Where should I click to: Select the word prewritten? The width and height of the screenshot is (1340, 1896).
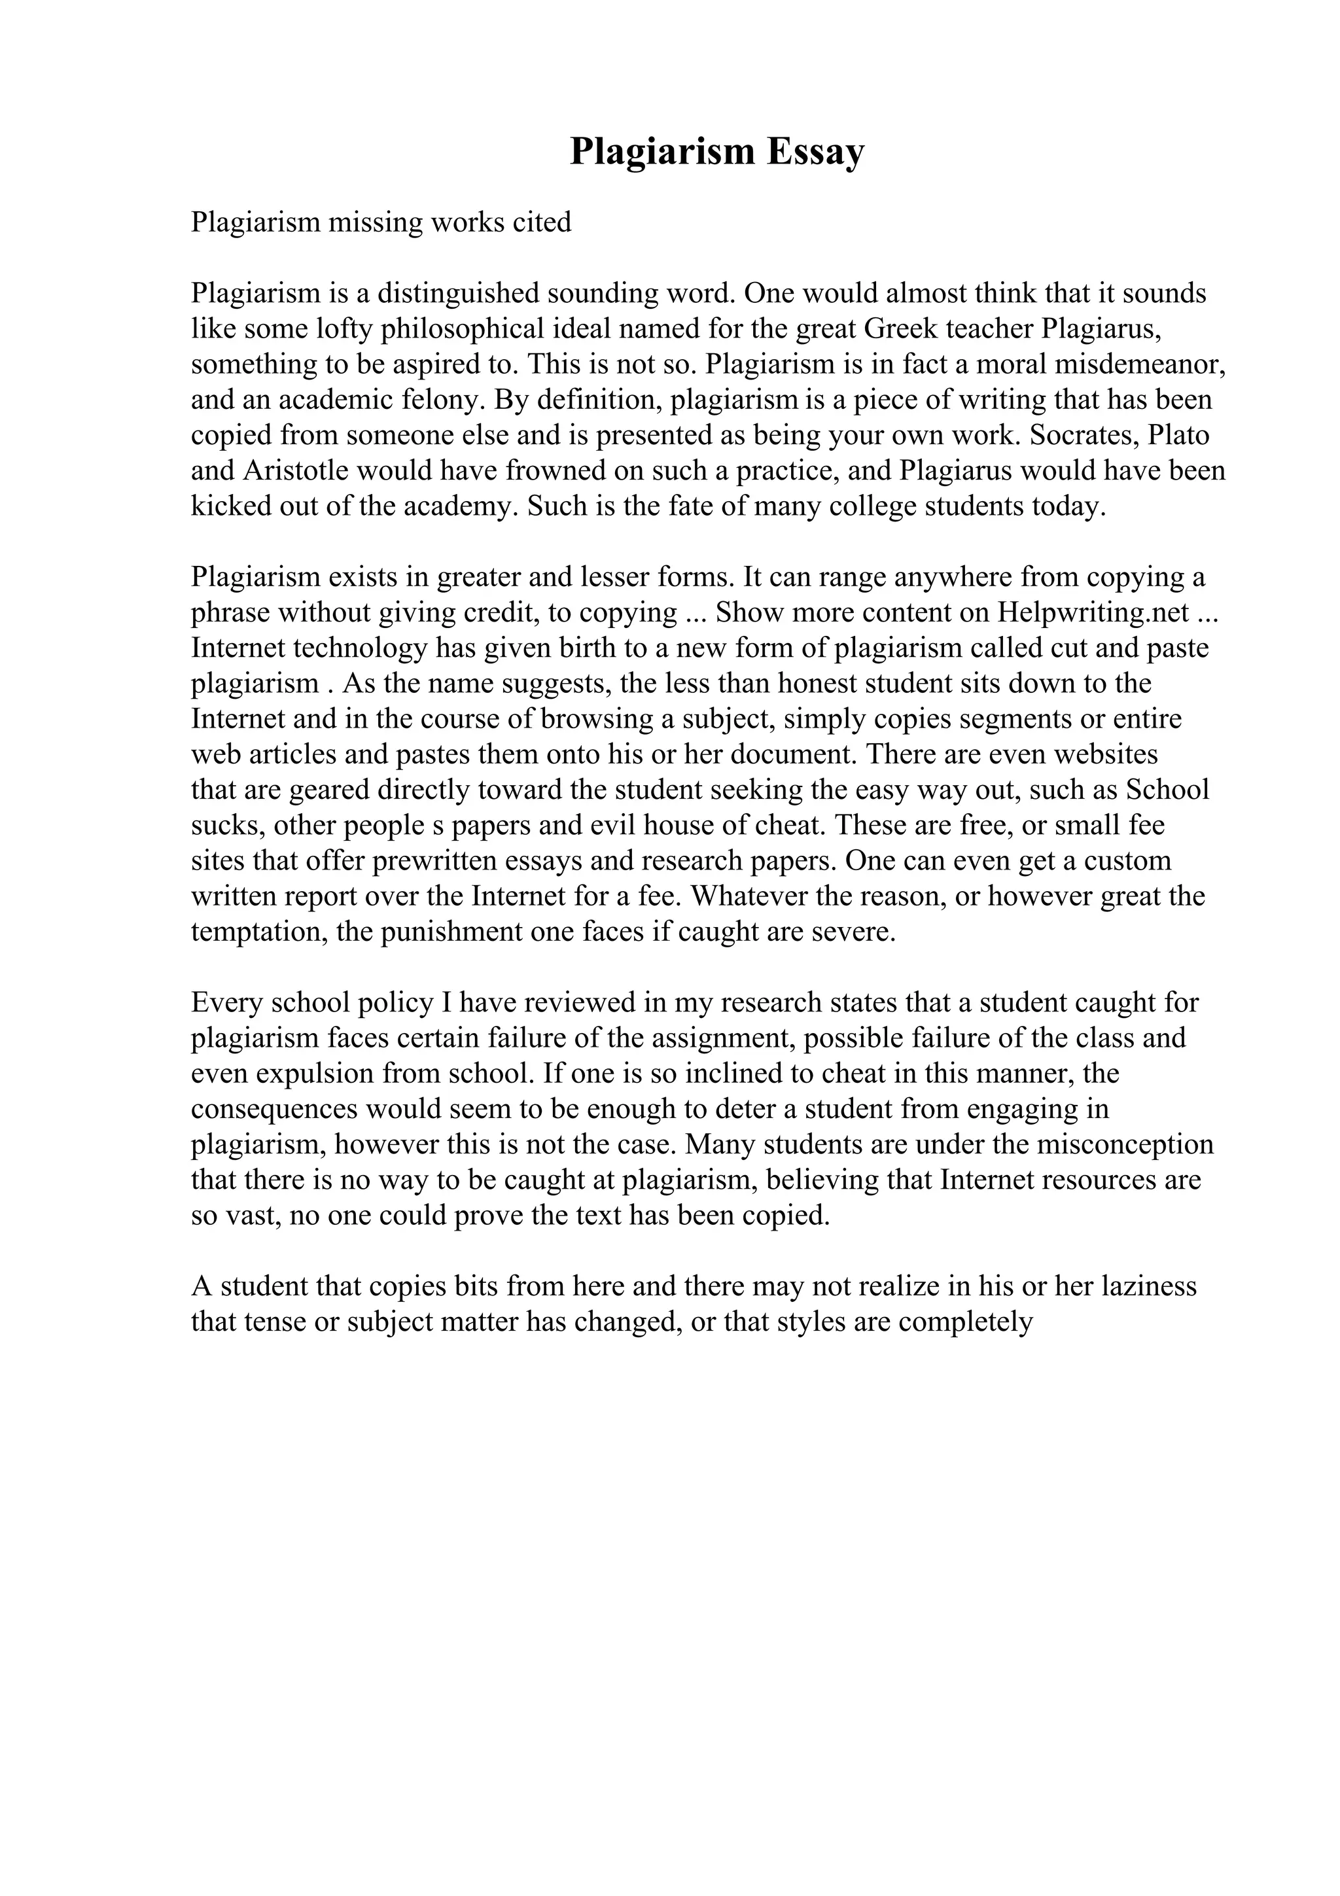click(x=441, y=860)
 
